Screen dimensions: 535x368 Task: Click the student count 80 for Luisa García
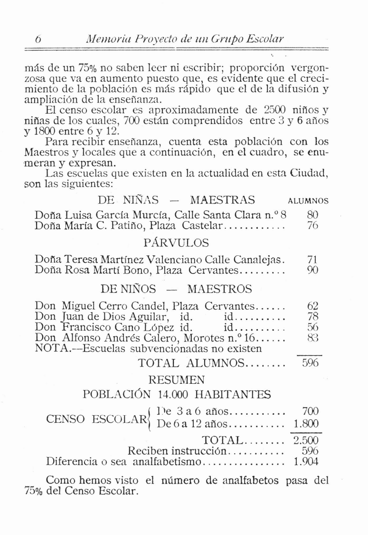point(312,214)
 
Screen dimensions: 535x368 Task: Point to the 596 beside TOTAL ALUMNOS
point(310,363)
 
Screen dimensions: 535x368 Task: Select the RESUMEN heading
point(177,380)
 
